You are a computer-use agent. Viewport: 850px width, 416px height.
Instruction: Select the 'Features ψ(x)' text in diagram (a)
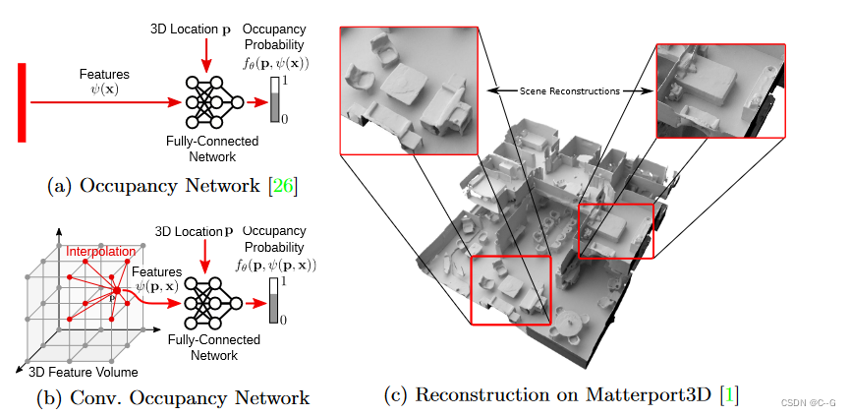tap(103, 82)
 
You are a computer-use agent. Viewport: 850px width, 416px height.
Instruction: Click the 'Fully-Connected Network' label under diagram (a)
tap(213, 149)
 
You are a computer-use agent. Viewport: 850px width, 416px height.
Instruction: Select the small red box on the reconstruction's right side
tap(614, 231)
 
